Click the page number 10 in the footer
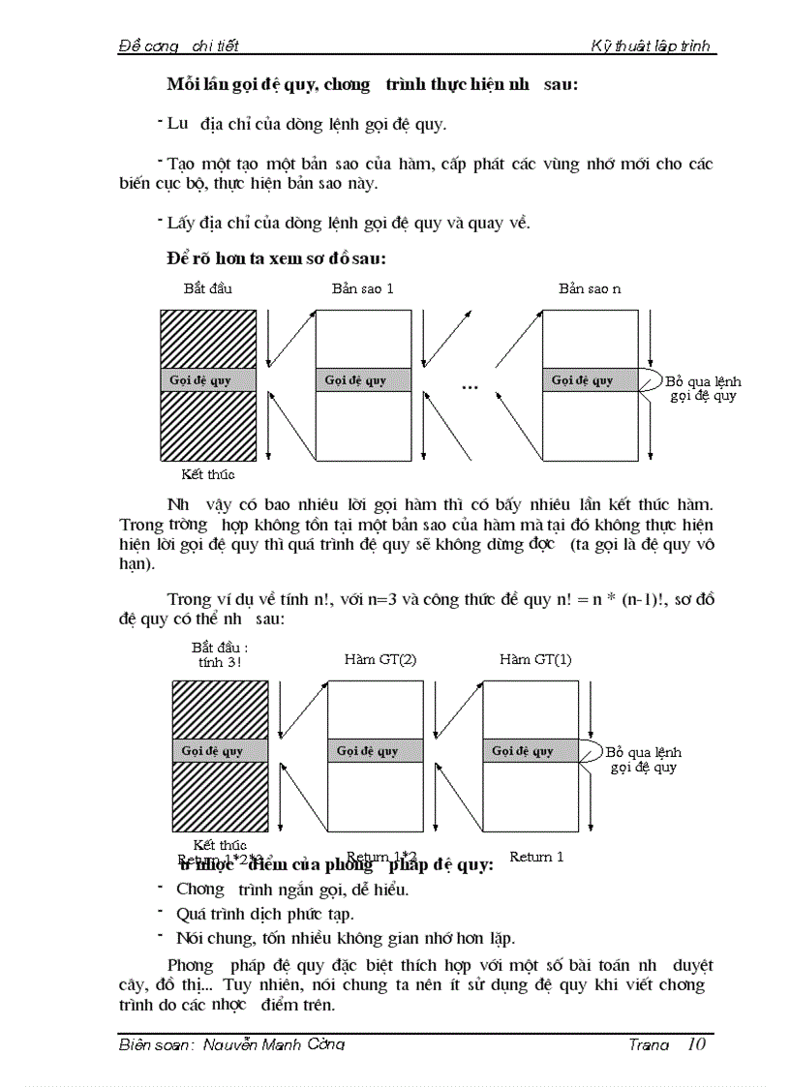[695, 1043]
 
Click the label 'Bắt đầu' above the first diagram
[208, 288]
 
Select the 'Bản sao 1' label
[363, 288]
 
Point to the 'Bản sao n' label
[590, 288]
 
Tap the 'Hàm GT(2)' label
[380, 659]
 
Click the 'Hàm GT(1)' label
[535, 659]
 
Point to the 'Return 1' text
[536, 857]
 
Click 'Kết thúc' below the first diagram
[208, 474]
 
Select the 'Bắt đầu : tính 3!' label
[220, 654]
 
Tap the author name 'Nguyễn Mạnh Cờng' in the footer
[274, 1044]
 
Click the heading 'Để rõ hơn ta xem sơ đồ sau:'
[277, 258]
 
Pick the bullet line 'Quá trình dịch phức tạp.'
[265, 913]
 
